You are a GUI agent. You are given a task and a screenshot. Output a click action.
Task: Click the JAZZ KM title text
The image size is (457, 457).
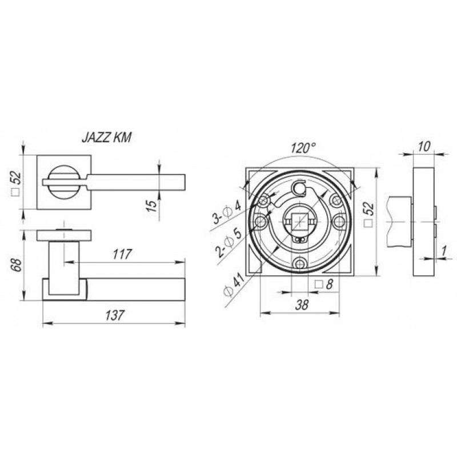tap(106, 138)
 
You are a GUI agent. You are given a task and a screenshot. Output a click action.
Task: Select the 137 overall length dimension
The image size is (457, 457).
tap(115, 315)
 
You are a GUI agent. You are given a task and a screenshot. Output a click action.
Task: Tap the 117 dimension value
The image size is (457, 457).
tap(122, 254)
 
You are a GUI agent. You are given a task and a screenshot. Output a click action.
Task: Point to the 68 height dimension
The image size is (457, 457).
tap(18, 264)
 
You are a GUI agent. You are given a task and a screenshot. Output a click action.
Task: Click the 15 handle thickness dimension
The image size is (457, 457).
tap(152, 206)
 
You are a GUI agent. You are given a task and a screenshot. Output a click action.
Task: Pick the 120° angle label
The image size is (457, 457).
tap(303, 148)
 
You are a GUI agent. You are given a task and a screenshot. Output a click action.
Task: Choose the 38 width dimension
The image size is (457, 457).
tap(302, 305)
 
